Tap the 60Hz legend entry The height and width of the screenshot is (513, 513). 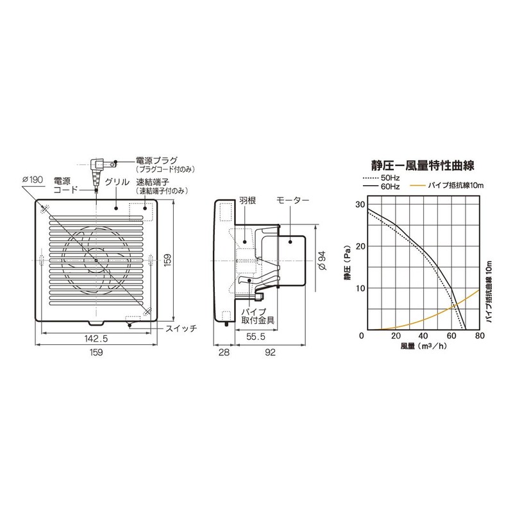(389, 186)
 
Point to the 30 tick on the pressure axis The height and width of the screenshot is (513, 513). (359, 205)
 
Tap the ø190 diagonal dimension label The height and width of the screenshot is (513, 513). (32, 180)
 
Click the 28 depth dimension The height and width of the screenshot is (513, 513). (223, 352)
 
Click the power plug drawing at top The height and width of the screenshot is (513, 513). (99, 165)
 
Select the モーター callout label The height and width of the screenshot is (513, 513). (292, 201)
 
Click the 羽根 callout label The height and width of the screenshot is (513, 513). (248, 201)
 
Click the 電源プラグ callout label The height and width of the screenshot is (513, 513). (156, 160)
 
